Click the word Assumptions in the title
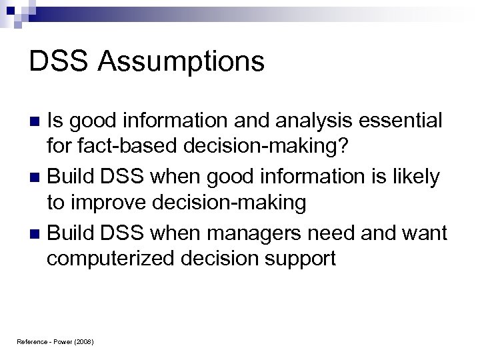coord(181,63)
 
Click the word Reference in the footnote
coord(32,341)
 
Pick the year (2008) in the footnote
coord(84,341)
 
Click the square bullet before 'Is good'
coord(37,122)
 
